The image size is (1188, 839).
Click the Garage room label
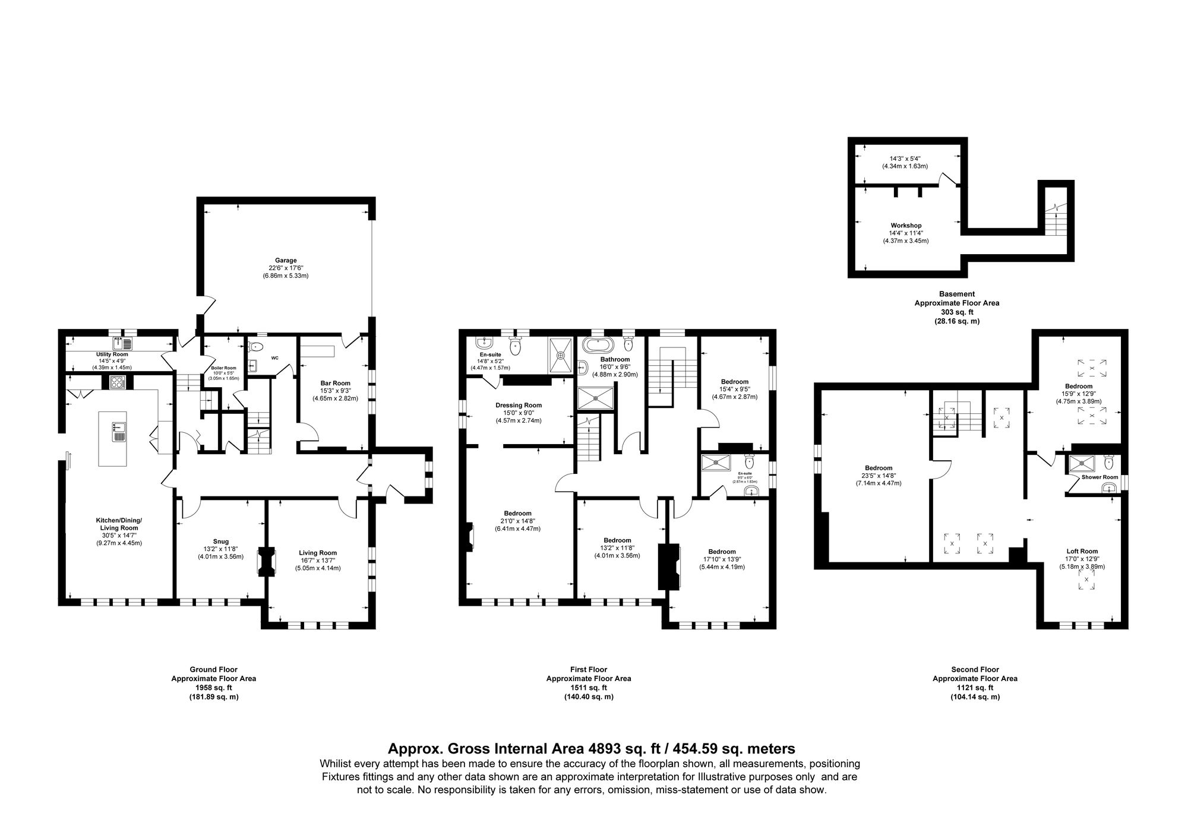coord(286,260)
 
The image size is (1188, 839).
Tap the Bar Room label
coord(336,383)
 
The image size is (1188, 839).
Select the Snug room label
coord(220,542)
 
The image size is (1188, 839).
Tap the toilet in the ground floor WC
coord(255,347)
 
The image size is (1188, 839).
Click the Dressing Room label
coord(519,405)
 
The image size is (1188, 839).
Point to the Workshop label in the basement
coord(905,226)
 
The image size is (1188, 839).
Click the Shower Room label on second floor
coord(1099,477)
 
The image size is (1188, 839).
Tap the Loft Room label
coord(1082,551)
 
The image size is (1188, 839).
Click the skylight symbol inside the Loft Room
coord(1086,580)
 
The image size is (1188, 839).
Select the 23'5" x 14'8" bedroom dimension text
coord(878,476)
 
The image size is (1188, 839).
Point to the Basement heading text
coord(956,293)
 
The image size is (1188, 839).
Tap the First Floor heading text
coord(588,669)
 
